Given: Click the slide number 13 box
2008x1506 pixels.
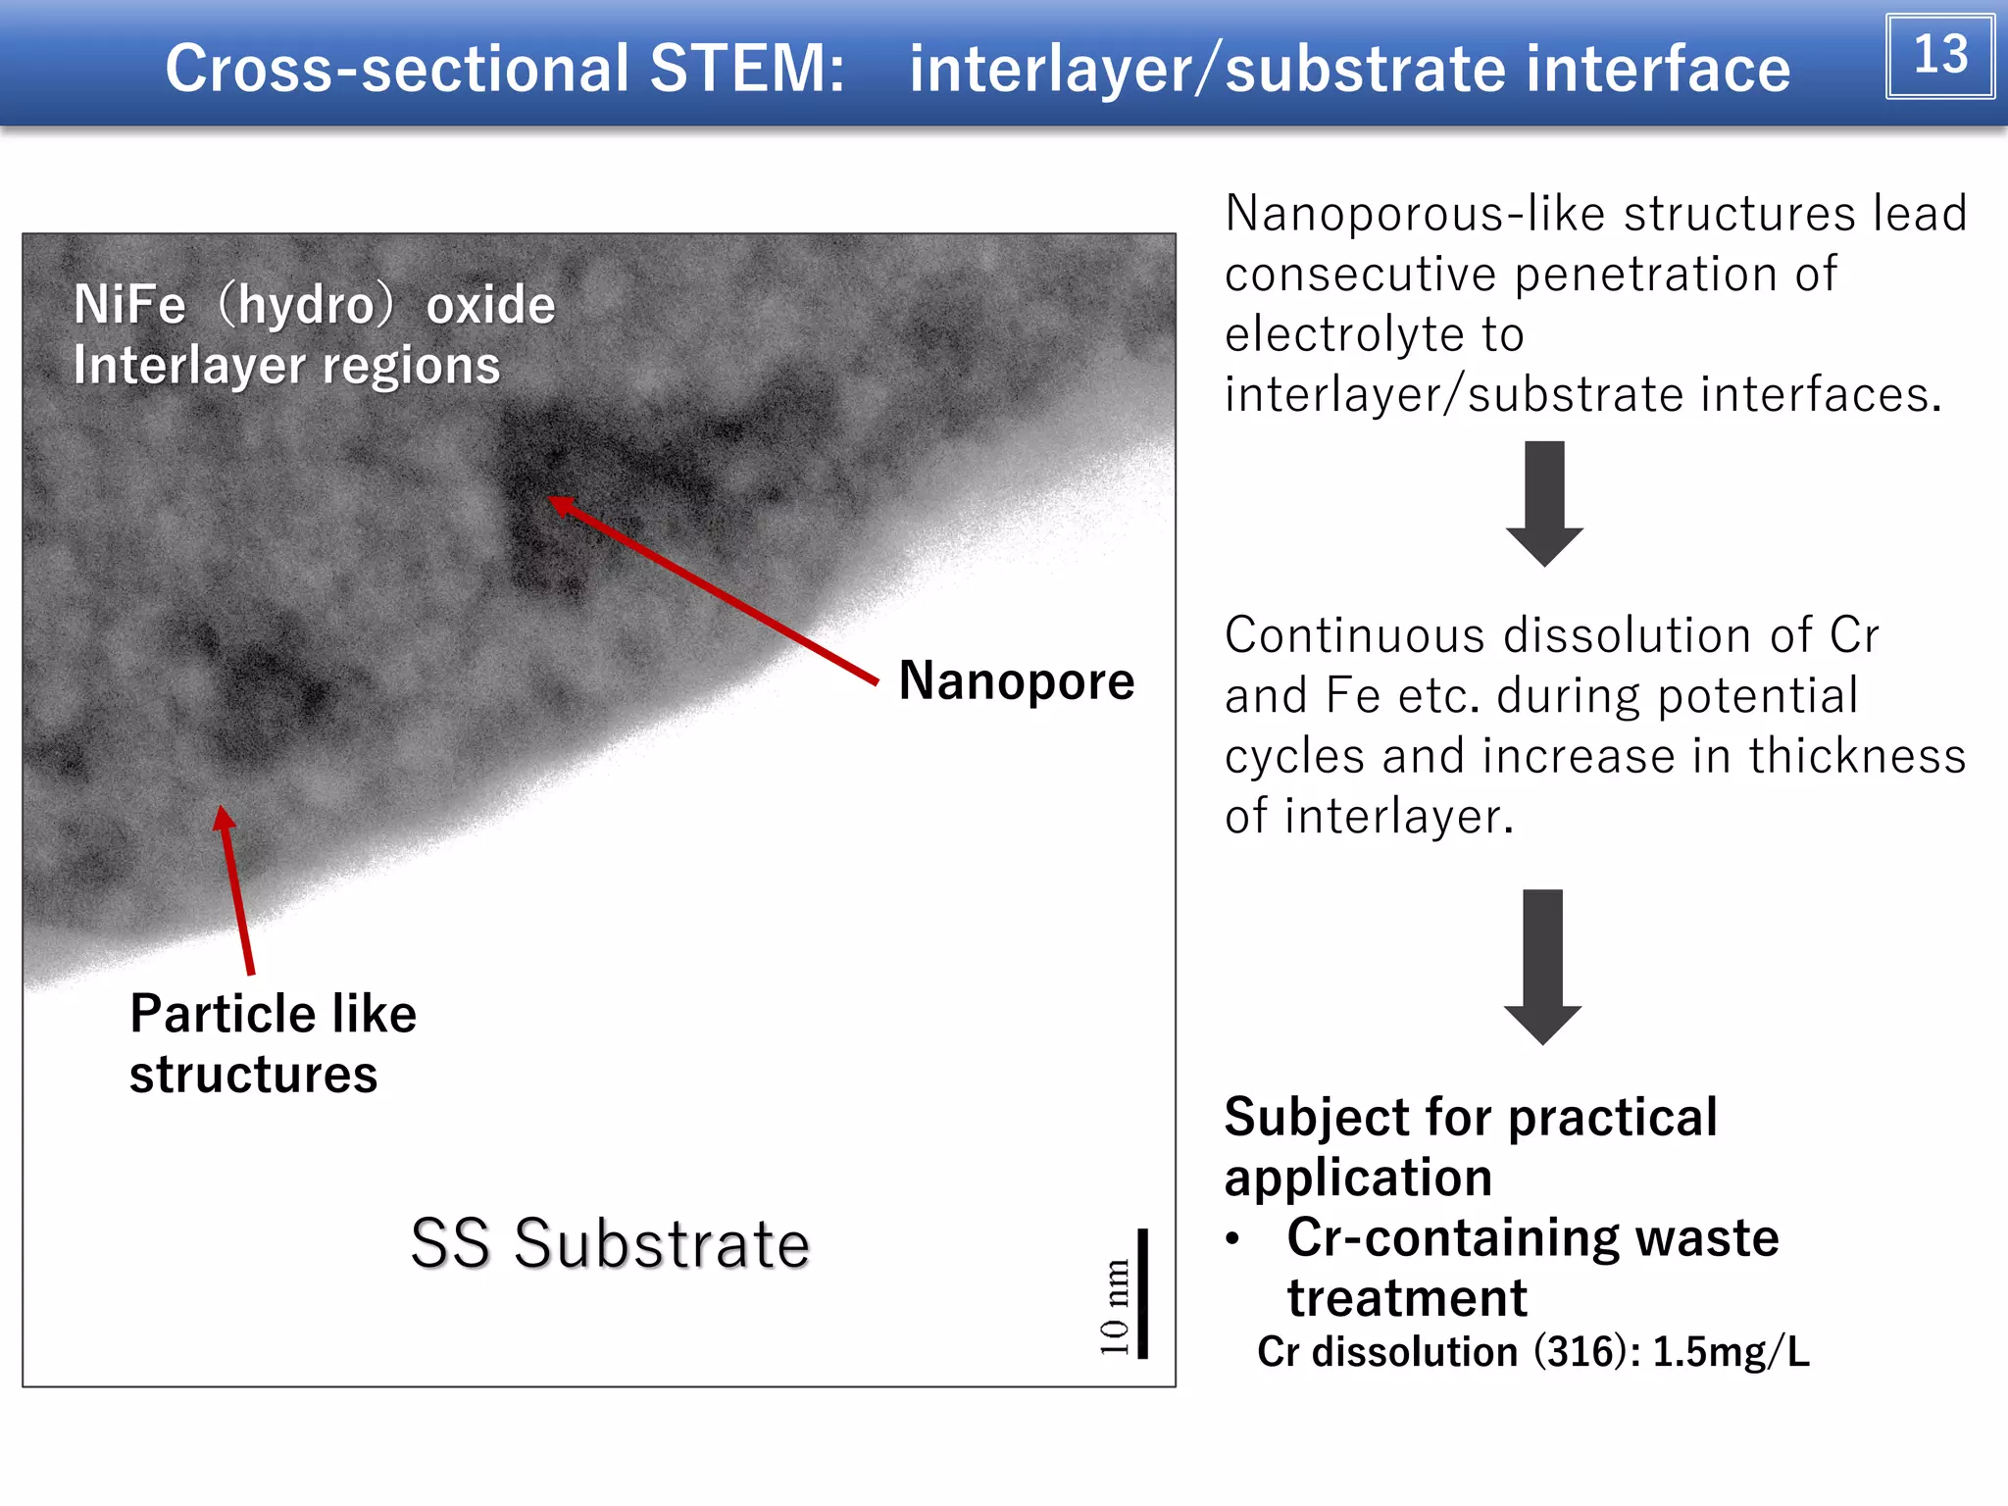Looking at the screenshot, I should point(1939,56).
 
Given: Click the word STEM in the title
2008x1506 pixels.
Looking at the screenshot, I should point(746,69).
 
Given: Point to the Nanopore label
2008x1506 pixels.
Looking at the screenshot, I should point(1016,680).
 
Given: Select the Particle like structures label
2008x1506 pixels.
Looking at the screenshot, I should point(273,1043).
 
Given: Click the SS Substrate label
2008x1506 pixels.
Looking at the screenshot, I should point(610,1244).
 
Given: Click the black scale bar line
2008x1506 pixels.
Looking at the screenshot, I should point(1142,1292).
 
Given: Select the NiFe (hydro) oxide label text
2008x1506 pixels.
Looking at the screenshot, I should point(314,305).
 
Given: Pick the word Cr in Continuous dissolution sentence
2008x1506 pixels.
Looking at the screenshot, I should point(1853,635).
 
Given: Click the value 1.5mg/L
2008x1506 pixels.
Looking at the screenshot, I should point(1731,1352).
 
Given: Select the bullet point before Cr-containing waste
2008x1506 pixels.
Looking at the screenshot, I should point(1232,1239).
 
